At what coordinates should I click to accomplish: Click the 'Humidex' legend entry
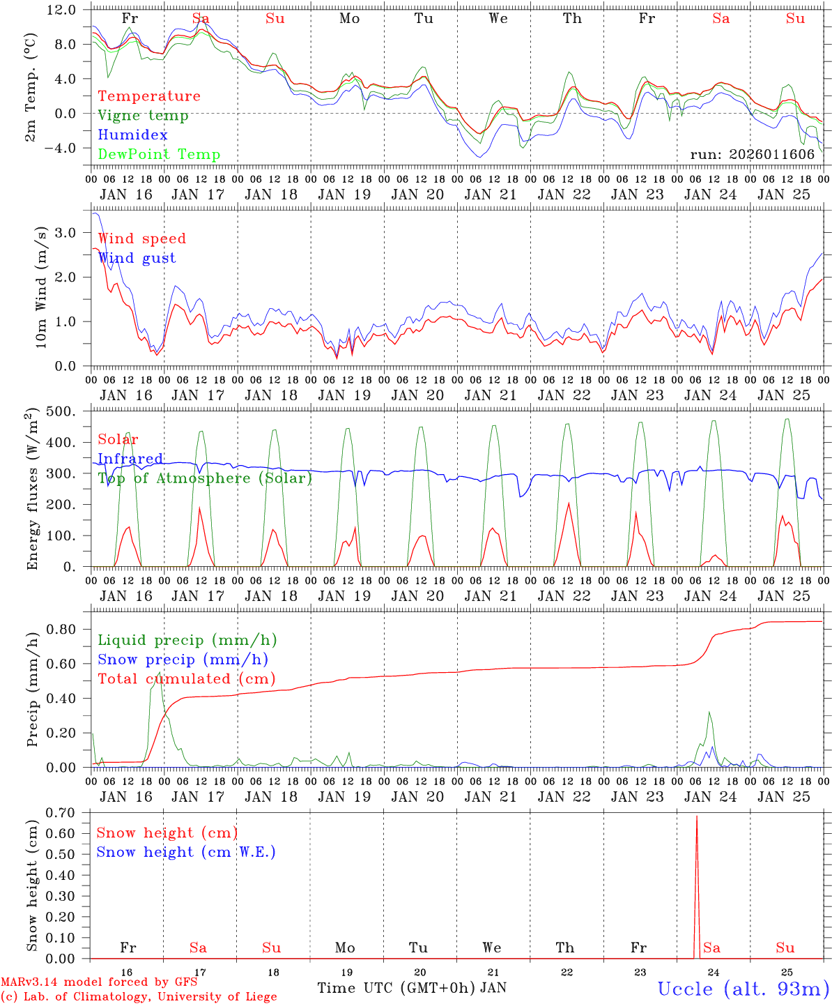[133, 135]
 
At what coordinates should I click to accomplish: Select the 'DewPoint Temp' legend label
[159, 155]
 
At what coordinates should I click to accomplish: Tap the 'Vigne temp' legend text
[143, 116]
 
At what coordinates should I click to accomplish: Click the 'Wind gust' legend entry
[137, 258]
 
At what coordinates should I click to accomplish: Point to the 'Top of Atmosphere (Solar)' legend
[205, 478]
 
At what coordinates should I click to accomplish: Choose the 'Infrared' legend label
[130, 459]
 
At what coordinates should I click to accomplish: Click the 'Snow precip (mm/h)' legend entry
[183, 660]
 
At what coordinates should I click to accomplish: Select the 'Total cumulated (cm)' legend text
[186, 679]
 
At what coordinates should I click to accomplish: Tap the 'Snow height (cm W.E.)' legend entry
[185, 852]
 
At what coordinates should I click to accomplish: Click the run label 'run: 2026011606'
[752, 155]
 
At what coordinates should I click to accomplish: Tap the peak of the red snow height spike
[697, 816]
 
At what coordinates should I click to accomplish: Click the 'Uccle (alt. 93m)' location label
[744, 989]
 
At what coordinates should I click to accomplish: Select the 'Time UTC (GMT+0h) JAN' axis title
[412, 988]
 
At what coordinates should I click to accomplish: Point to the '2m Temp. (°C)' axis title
[31, 86]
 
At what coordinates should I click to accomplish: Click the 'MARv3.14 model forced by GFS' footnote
[99, 982]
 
